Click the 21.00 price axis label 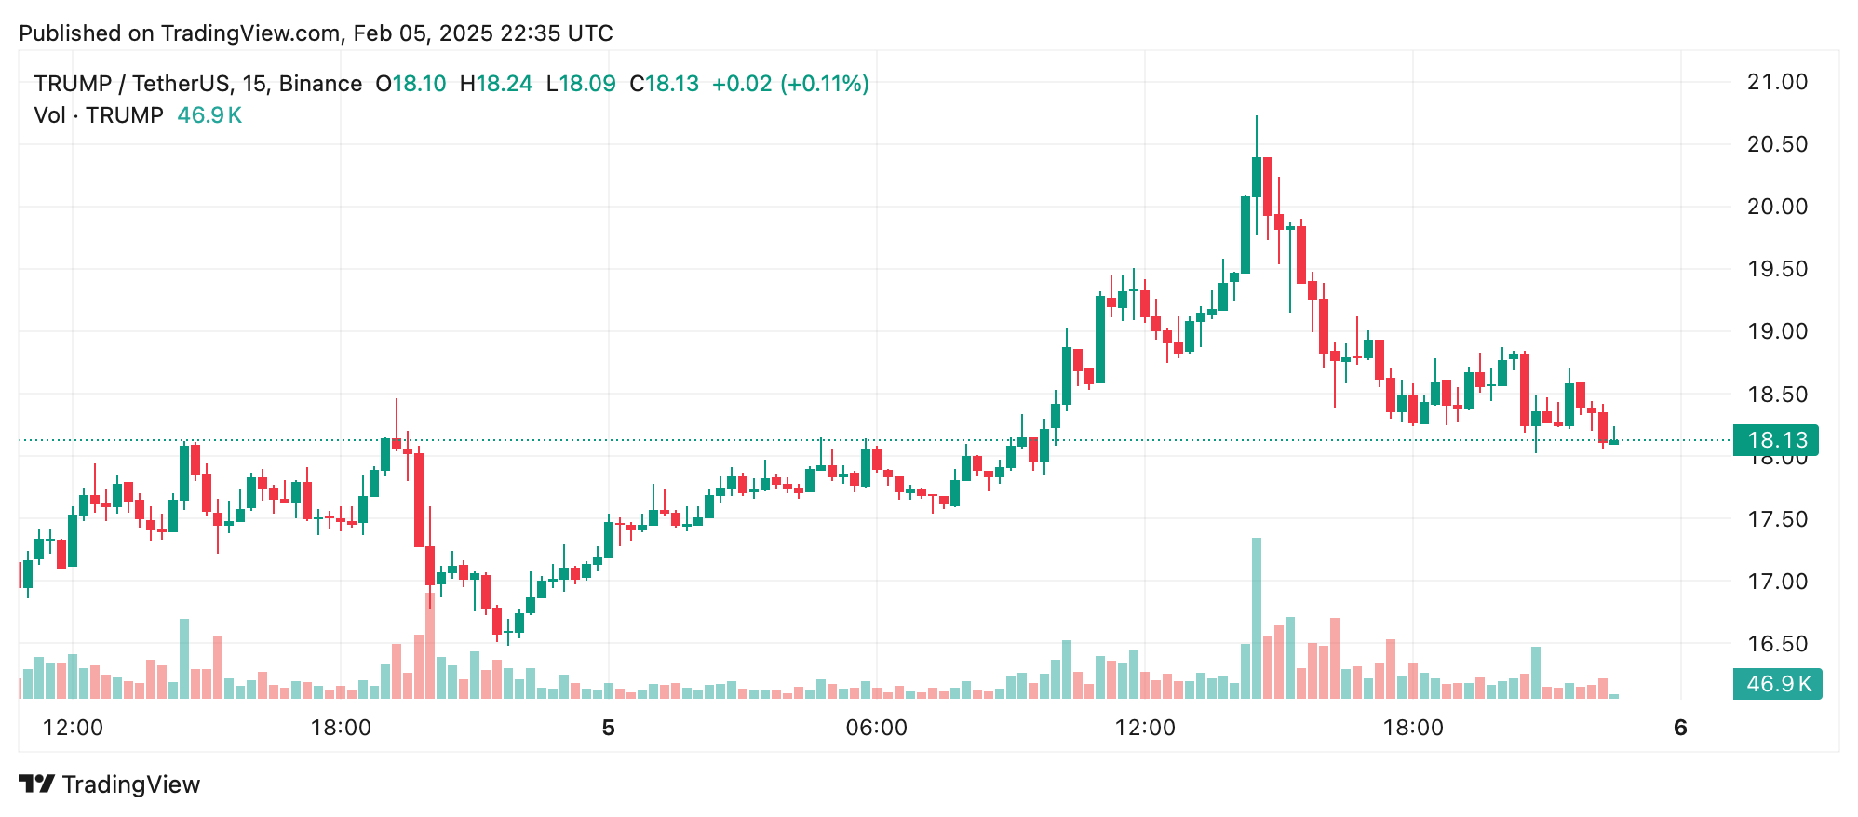pos(1776,82)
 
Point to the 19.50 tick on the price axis pos(1776,269)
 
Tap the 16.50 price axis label pos(1776,644)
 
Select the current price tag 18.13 pos(1776,439)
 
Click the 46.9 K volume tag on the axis pos(1776,684)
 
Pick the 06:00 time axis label pos(876,728)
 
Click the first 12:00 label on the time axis pos(73,728)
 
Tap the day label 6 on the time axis pos(1680,728)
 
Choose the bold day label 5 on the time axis pos(608,728)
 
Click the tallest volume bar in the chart pos(1256,619)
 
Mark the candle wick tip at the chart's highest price pos(1256,117)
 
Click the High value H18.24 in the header pos(496,84)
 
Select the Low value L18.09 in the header pos(581,84)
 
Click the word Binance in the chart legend pos(320,84)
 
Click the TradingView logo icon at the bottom pos(37,784)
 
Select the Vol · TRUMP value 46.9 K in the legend pos(209,115)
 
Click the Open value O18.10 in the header pos(411,84)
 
